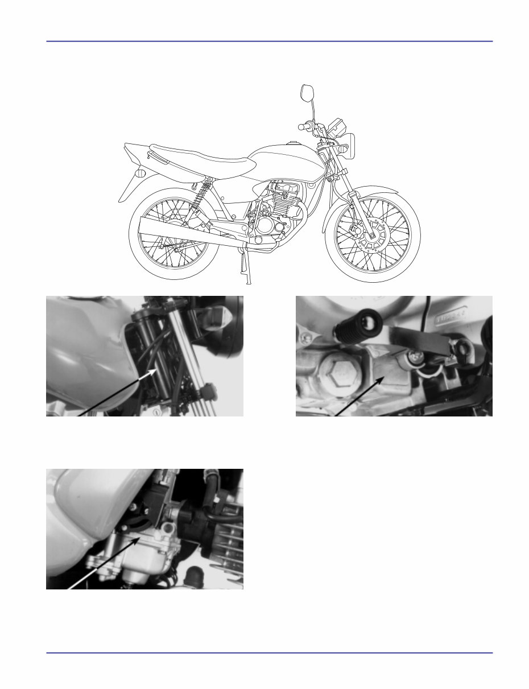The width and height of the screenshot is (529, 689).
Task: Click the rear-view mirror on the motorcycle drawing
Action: click(x=308, y=93)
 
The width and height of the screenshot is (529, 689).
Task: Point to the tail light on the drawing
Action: click(x=140, y=174)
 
